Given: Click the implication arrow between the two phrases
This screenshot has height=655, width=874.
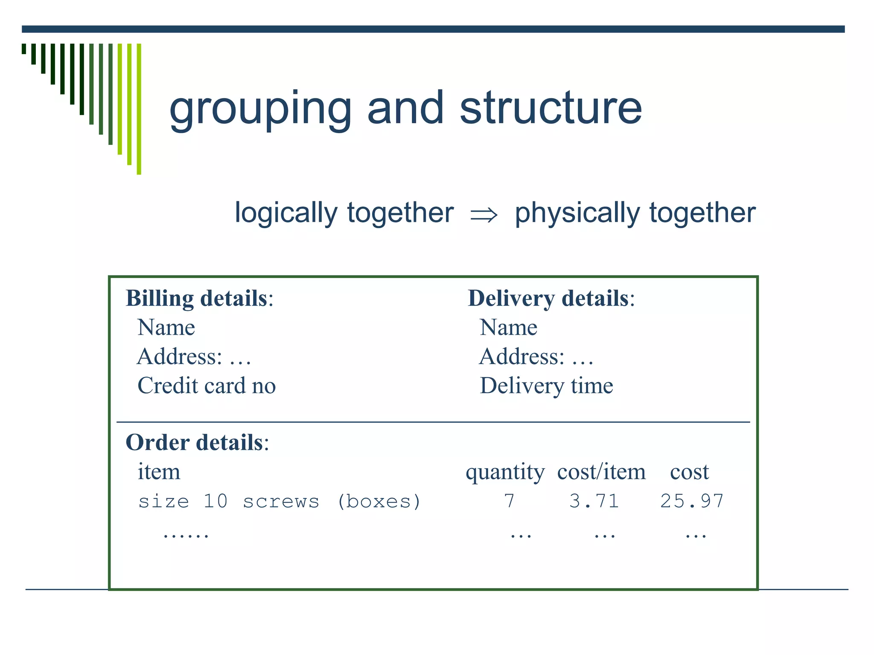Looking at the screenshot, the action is (x=484, y=214).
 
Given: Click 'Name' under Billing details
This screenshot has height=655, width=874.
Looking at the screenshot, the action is (x=166, y=327).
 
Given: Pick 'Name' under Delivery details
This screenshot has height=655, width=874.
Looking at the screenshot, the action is (x=508, y=327).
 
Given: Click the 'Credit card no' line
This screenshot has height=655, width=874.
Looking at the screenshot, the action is (x=207, y=385).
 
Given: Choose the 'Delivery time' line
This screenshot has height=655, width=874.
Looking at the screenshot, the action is (x=546, y=385).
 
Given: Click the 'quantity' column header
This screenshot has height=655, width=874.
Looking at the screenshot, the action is (x=505, y=472).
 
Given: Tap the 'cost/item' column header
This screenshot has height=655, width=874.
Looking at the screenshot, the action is (x=601, y=472).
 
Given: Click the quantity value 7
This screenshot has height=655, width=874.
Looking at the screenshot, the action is (x=509, y=501).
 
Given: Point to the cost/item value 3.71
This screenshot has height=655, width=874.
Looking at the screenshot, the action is (x=594, y=501).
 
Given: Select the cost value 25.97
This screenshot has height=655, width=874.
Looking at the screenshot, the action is (x=692, y=501).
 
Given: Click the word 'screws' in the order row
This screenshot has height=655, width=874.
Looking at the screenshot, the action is (x=281, y=501).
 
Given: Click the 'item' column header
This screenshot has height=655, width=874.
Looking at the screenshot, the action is (x=159, y=472).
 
